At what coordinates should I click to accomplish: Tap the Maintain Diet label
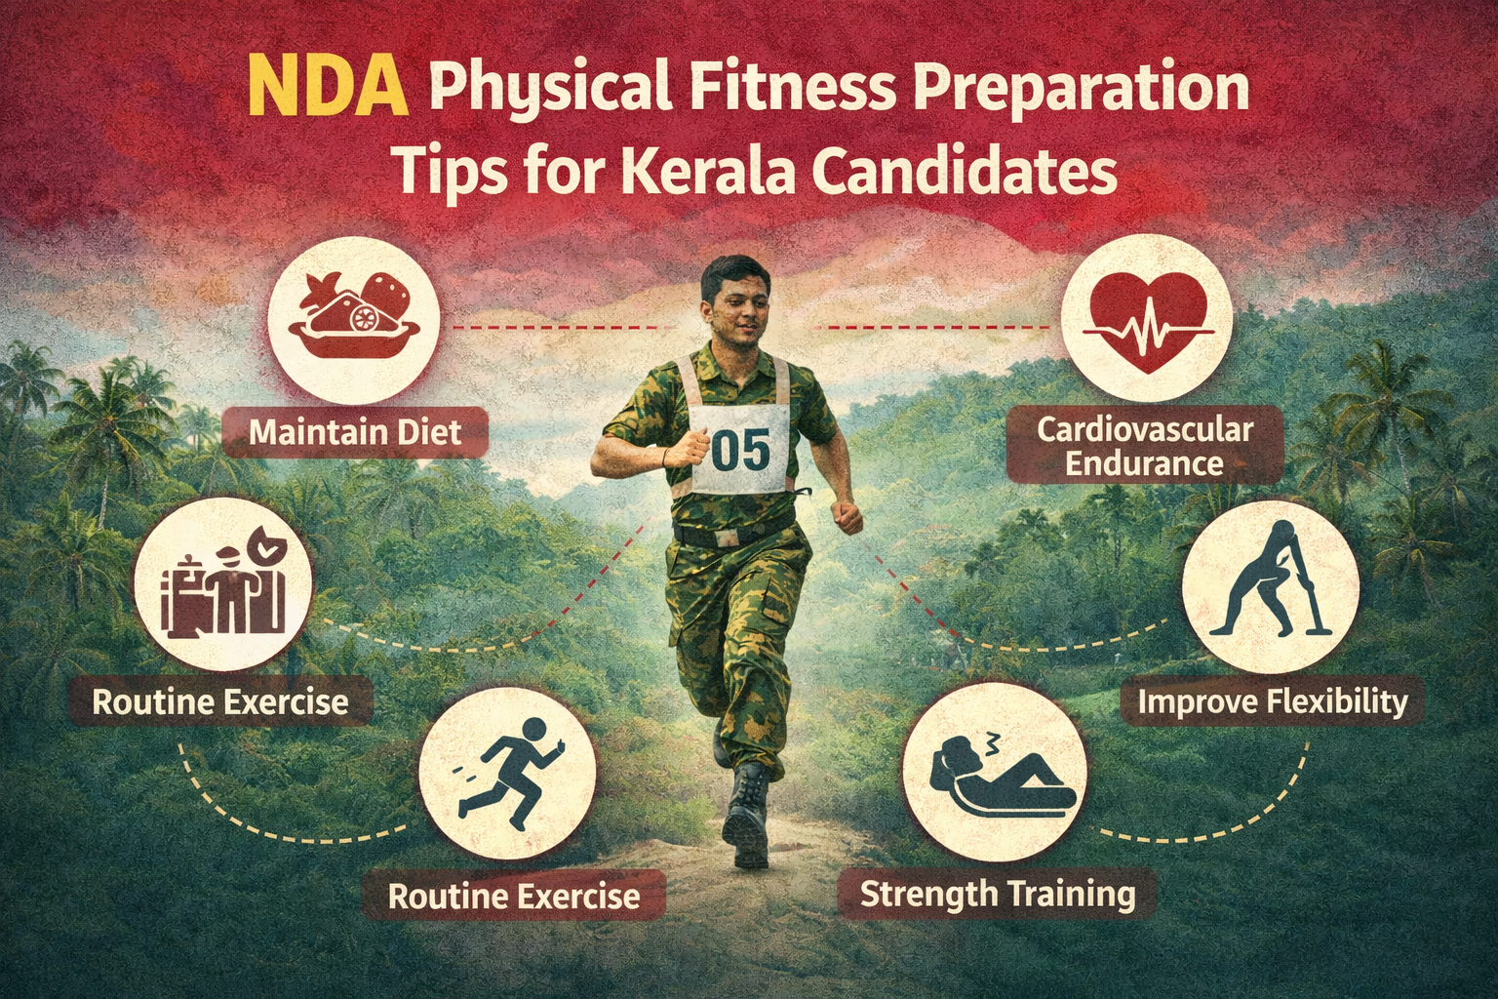point(355,431)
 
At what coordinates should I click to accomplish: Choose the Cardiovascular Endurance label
point(1144,446)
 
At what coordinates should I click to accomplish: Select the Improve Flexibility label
point(1273,701)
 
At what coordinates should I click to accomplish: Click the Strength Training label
point(997,893)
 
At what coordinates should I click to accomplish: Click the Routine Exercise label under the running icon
point(514,896)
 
